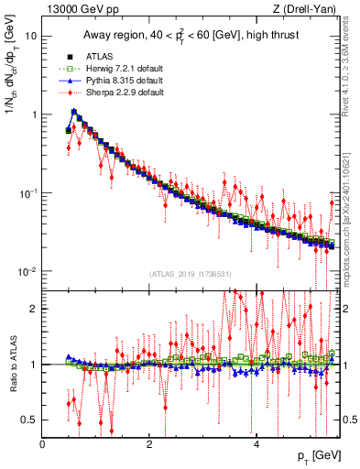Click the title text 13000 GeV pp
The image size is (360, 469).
click(x=80, y=9)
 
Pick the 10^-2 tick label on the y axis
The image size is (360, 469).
click(x=27, y=272)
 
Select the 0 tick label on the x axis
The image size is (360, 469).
click(x=43, y=444)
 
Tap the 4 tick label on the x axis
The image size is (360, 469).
click(x=256, y=444)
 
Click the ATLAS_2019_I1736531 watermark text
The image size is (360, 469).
click(x=191, y=274)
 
